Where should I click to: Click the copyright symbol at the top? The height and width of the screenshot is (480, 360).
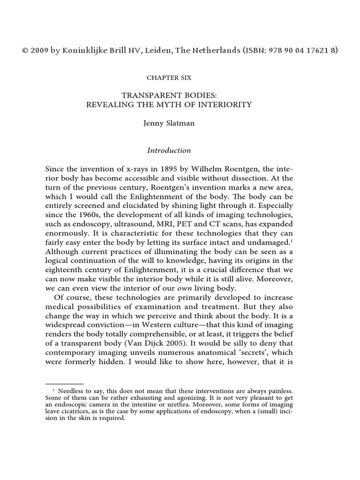[25, 50]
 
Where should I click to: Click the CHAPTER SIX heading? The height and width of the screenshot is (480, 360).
[169, 77]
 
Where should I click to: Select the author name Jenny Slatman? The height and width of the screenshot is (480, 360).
[169, 125]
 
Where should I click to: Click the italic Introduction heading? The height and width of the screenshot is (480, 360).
[169, 150]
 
